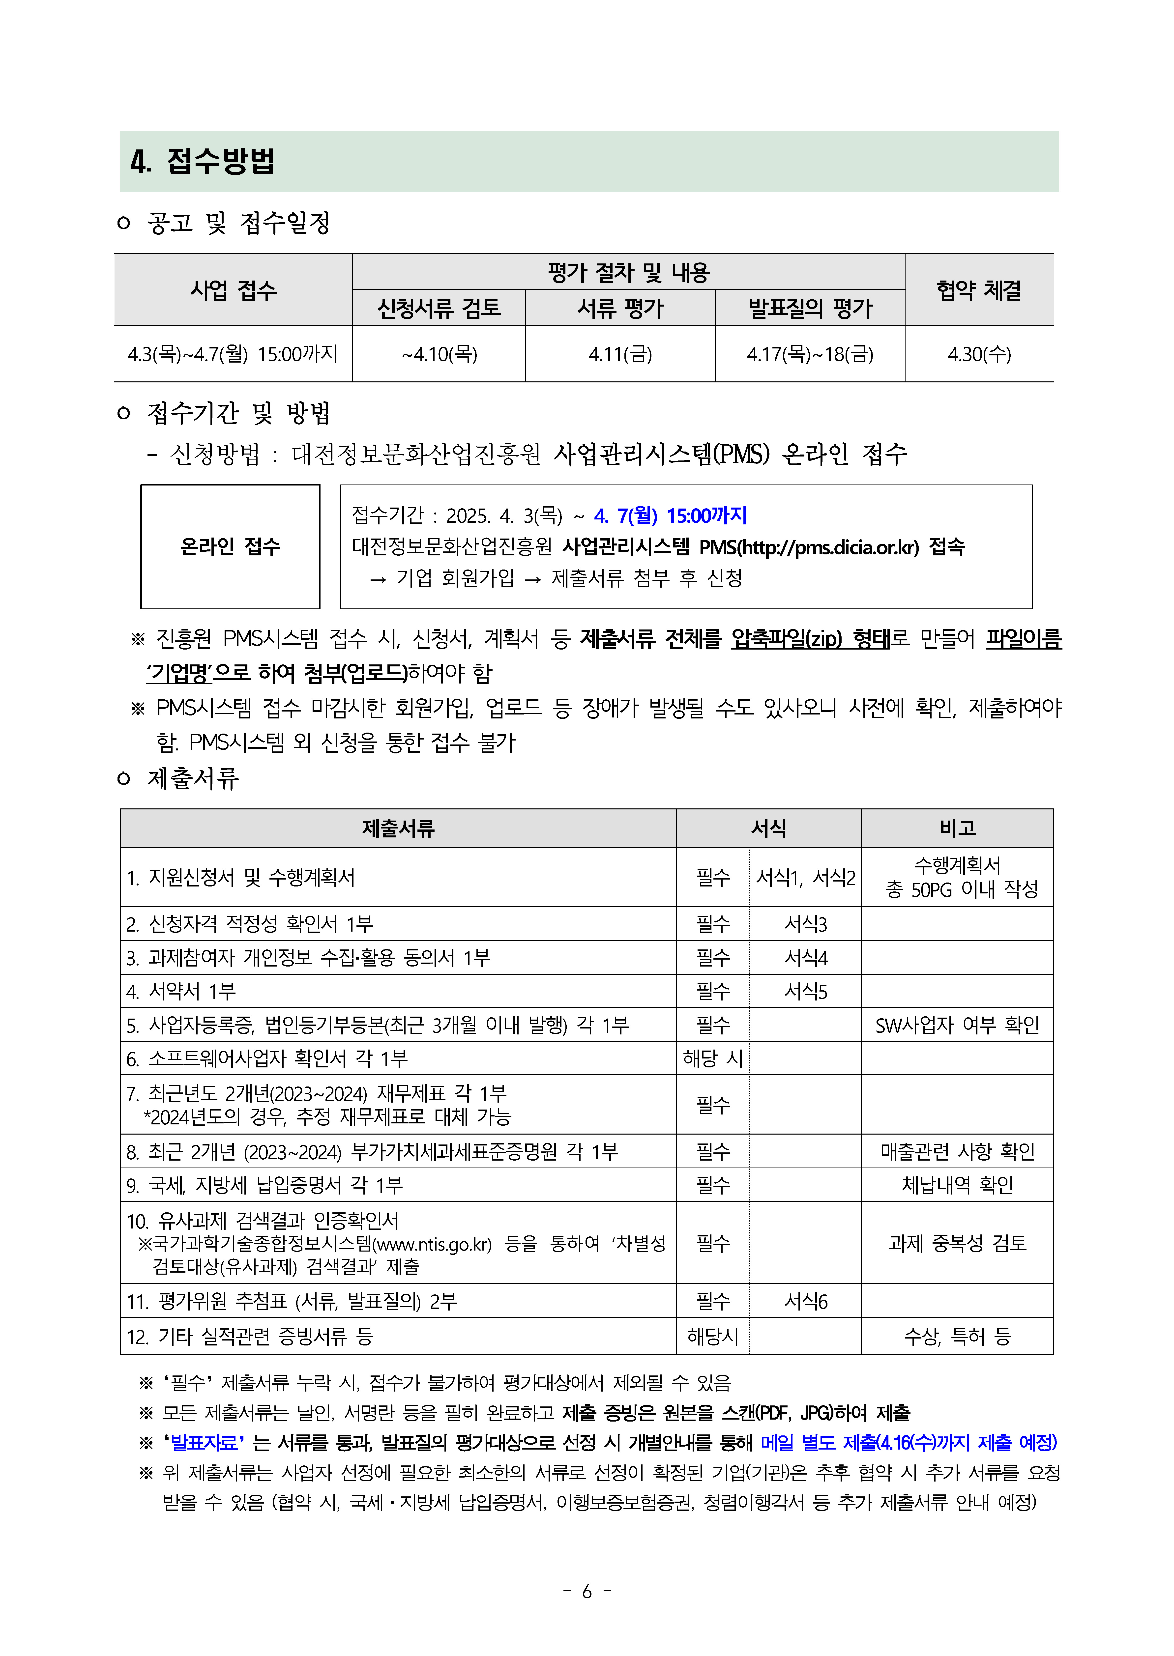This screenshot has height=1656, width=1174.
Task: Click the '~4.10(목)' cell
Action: pyautogui.click(x=439, y=354)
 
